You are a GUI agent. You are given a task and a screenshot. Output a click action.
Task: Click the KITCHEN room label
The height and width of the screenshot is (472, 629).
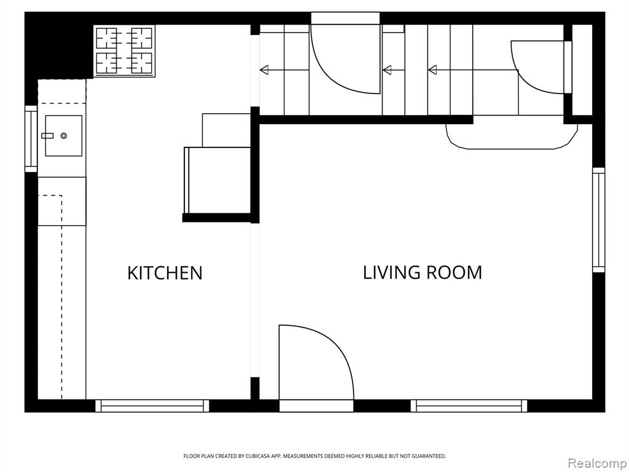(x=165, y=273)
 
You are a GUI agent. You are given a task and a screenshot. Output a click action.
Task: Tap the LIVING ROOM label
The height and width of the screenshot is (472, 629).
(x=423, y=272)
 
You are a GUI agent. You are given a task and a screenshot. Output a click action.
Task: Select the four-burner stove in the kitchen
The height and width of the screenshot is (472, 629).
(x=124, y=50)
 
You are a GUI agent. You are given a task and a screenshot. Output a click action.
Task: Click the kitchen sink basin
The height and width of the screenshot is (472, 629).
(x=64, y=136)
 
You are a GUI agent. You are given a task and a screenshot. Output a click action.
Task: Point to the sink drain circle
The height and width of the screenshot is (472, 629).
(x=64, y=136)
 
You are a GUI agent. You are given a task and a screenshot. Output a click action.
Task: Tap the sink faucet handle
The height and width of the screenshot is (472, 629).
(x=47, y=136)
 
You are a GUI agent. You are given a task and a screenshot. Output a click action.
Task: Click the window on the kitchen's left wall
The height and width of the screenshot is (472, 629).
(x=31, y=139)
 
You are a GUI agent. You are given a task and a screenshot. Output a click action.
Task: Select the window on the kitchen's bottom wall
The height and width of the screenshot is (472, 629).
(x=152, y=406)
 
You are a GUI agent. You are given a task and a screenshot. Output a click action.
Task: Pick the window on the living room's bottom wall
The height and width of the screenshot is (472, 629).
(x=469, y=406)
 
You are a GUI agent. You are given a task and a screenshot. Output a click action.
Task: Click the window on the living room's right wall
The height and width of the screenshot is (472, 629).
(x=598, y=220)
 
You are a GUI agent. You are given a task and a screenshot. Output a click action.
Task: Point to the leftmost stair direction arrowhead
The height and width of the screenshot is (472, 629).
(x=264, y=70)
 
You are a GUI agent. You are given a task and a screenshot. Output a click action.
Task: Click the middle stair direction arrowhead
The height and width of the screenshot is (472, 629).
(x=387, y=70)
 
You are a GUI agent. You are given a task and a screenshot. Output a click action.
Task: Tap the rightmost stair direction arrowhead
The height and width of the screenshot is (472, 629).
(x=432, y=70)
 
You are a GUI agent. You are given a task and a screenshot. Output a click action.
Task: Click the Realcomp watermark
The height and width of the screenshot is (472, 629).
(x=597, y=463)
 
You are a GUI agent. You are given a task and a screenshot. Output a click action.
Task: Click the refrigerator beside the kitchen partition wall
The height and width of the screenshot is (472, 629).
(x=217, y=180)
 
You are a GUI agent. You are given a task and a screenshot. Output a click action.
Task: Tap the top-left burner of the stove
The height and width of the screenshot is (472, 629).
(x=107, y=39)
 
